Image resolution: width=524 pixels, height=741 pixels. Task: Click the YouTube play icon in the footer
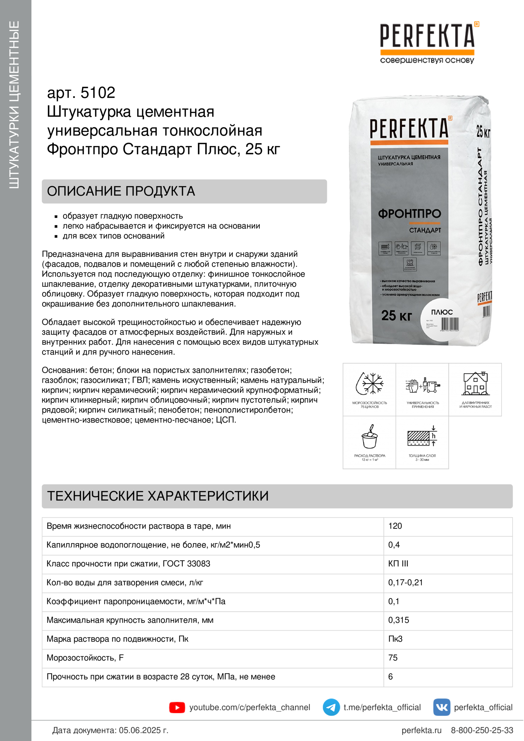(x=177, y=707)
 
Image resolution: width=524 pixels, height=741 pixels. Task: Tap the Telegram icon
(x=331, y=707)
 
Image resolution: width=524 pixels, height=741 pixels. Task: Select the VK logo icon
(x=442, y=707)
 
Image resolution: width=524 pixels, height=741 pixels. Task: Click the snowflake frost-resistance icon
(x=370, y=384)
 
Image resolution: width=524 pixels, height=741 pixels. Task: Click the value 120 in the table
(x=395, y=526)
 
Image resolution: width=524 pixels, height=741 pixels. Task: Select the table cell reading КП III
(x=398, y=564)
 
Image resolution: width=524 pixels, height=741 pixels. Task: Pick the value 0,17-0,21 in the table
(x=405, y=583)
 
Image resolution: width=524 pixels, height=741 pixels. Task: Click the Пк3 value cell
(x=395, y=639)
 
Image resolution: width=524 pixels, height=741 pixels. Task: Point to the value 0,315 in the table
(x=398, y=620)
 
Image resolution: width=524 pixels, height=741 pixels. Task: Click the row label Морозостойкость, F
(x=85, y=658)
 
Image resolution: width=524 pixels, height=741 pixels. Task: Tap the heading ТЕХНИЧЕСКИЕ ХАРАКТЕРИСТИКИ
(x=158, y=496)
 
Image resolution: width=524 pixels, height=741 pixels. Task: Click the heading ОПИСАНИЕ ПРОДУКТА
(x=121, y=191)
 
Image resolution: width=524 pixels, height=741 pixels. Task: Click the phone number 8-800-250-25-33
(x=482, y=730)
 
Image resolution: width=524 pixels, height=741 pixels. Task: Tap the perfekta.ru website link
(x=421, y=730)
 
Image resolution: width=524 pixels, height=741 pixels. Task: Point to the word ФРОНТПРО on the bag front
(x=409, y=214)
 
